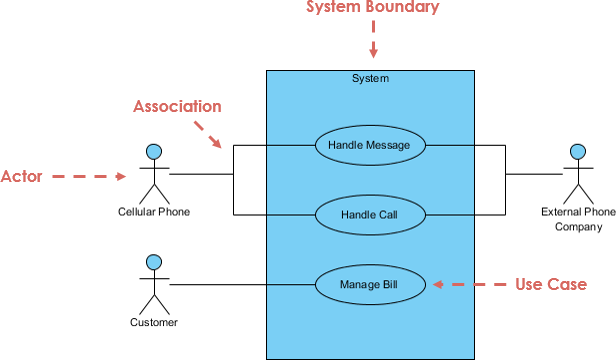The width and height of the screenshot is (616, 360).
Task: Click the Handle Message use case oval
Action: (x=370, y=145)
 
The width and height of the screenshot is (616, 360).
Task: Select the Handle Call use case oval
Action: (x=370, y=215)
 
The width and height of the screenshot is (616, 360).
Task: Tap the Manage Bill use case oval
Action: (x=370, y=285)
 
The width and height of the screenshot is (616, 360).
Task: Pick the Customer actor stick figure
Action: (x=154, y=284)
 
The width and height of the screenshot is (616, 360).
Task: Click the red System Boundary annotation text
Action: (x=372, y=9)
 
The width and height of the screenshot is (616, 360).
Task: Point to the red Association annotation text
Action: (x=178, y=106)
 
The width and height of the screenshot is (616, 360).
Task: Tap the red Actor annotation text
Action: (x=21, y=177)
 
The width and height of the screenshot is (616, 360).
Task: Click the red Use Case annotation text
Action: (x=551, y=285)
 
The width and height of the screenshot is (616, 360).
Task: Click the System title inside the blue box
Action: (x=370, y=78)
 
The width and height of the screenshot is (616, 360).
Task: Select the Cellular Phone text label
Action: (x=154, y=212)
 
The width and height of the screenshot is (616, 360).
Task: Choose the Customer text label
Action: (x=154, y=323)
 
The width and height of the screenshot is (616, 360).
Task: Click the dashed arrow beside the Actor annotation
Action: (x=88, y=177)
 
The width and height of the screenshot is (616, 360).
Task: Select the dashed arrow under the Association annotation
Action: (x=209, y=136)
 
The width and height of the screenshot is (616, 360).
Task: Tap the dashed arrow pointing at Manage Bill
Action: (x=469, y=285)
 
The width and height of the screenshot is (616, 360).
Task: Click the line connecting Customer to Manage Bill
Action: (x=240, y=285)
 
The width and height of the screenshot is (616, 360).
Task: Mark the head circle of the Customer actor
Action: (x=154, y=262)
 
